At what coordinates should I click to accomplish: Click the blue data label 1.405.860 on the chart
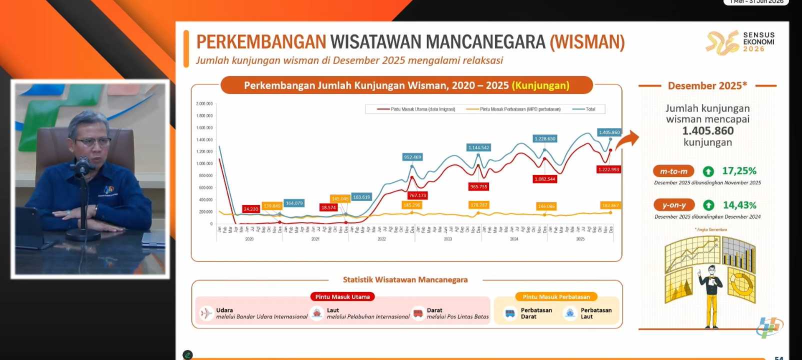(x=609, y=132)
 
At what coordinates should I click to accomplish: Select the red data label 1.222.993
(x=608, y=169)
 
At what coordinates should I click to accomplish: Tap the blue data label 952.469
(x=412, y=157)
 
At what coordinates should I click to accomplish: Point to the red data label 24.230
(x=251, y=209)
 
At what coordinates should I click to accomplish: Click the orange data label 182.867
(x=610, y=205)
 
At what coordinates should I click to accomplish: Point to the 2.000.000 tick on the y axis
(x=204, y=103)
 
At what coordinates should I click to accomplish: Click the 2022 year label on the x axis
(x=381, y=239)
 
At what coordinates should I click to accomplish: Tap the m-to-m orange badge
(x=673, y=171)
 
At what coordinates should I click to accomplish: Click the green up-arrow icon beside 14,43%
(x=708, y=205)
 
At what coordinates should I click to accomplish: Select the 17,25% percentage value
(x=739, y=171)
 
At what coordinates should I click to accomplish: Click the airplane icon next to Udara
(x=206, y=313)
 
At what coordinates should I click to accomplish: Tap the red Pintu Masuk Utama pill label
(x=342, y=297)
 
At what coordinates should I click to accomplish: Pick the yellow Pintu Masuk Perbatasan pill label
(x=556, y=297)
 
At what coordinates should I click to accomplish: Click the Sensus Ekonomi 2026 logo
(x=739, y=42)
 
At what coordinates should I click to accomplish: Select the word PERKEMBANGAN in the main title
(x=261, y=42)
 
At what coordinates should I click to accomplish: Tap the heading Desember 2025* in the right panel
(x=707, y=85)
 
